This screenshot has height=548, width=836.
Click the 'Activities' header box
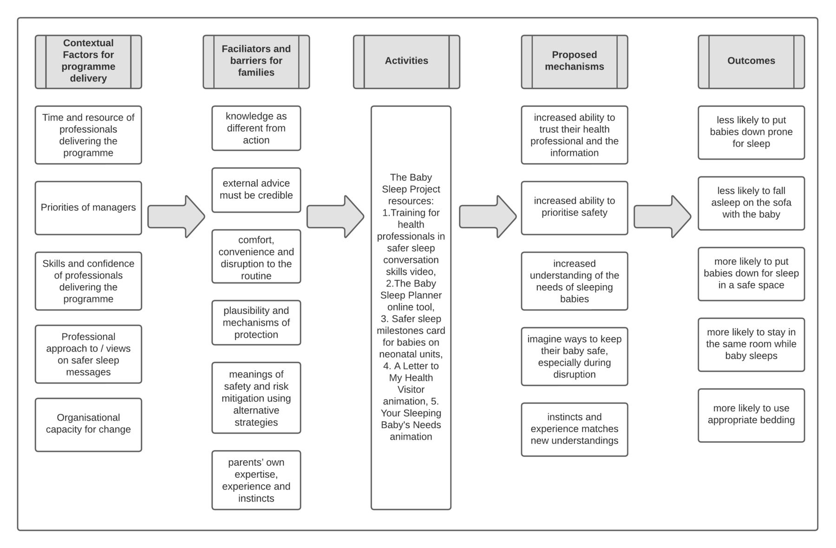(x=406, y=62)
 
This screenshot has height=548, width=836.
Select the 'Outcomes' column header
(x=751, y=62)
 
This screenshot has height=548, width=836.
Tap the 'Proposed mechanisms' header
(x=574, y=62)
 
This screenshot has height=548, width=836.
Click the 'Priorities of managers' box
(x=88, y=208)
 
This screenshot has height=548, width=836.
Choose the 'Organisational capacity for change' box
(x=88, y=424)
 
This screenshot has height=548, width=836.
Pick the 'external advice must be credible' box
(x=256, y=190)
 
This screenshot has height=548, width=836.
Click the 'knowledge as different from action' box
(x=256, y=128)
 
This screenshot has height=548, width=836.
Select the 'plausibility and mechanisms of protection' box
(x=256, y=323)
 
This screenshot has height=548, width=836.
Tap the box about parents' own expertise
(x=256, y=480)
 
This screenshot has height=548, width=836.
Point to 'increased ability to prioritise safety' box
(x=574, y=208)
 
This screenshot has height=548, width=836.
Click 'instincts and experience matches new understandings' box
(x=574, y=430)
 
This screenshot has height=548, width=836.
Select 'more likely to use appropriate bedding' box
(x=751, y=415)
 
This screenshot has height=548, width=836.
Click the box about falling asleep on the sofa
(x=751, y=203)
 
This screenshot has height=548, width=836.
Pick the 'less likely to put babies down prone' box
(x=751, y=132)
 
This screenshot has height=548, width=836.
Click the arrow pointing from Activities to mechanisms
(x=488, y=216)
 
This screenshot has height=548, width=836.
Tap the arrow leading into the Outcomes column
(x=662, y=216)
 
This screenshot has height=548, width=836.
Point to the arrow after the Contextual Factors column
(x=176, y=216)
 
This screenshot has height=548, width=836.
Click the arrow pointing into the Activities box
(x=335, y=216)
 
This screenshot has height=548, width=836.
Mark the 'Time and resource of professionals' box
(x=88, y=135)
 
